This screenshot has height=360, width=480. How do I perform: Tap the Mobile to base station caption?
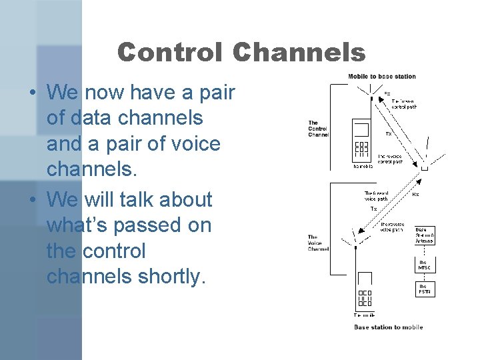(382, 77)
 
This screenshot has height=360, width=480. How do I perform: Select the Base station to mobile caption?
(388, 327)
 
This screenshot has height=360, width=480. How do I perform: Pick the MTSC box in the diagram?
(425, 265)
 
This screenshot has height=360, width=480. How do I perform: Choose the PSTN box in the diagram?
(425, 289)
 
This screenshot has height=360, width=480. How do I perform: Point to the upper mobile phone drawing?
(361, 140)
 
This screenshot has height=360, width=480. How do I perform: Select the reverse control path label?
(391, 158)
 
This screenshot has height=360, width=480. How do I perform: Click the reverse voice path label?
(392, 227)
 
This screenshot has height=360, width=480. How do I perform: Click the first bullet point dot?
(32, 92)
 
